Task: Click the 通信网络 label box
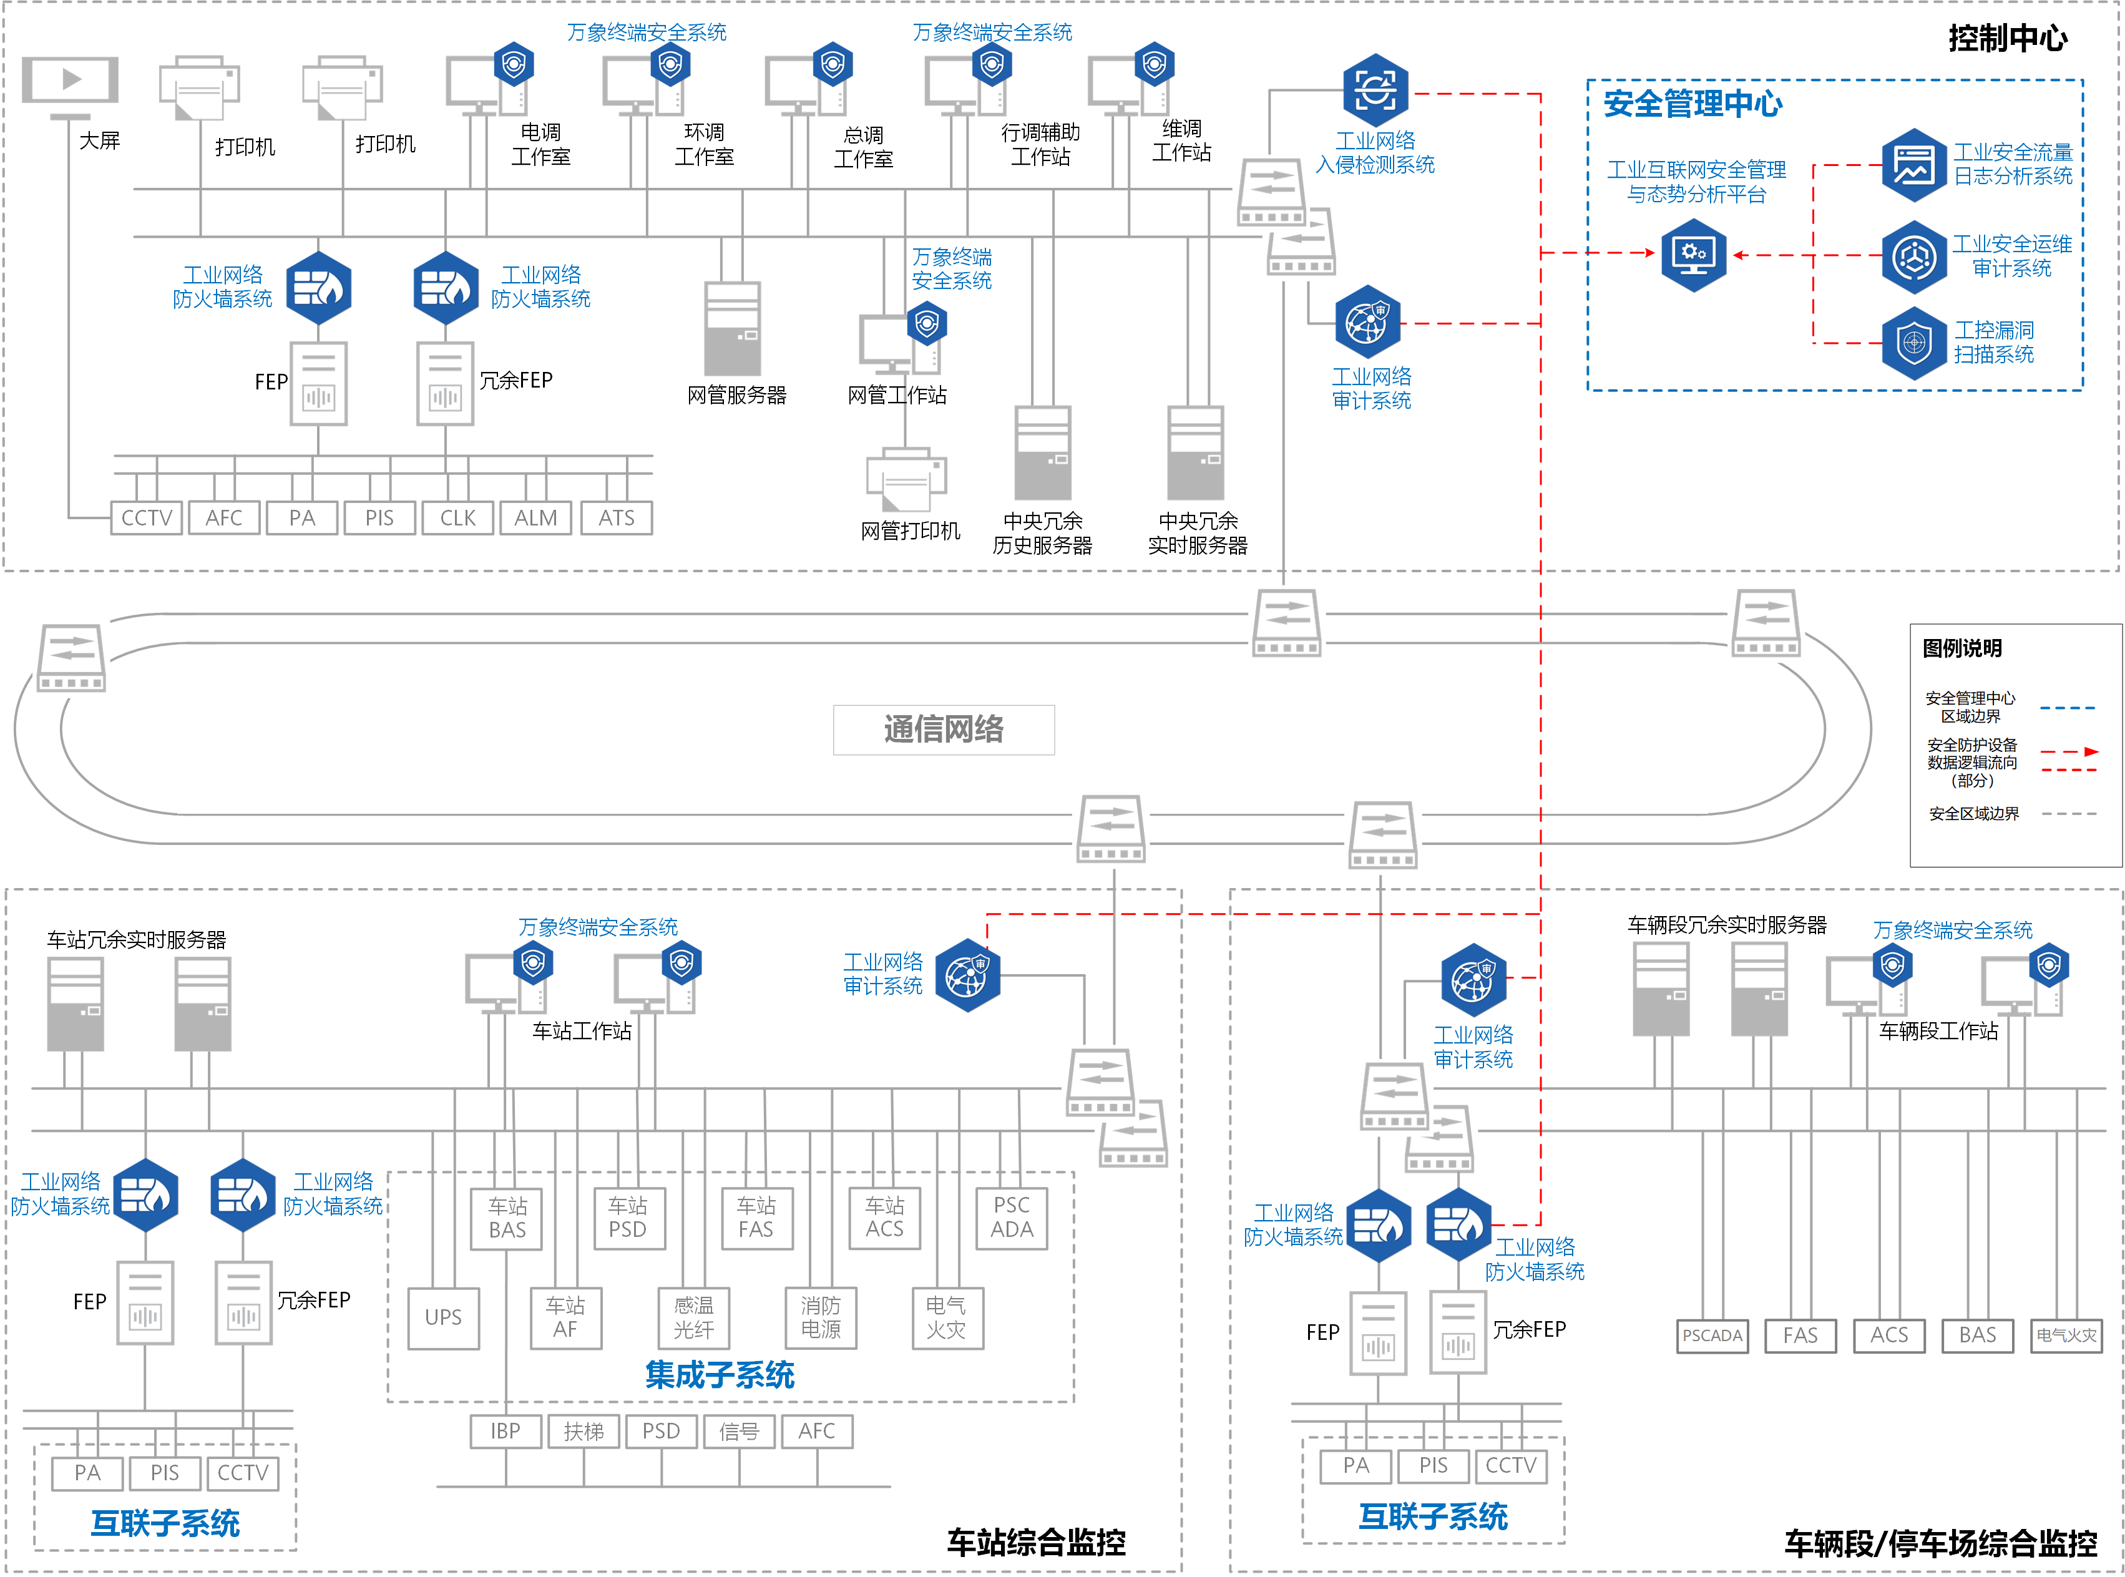click(x=942, y=730)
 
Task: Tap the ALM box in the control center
click(x=535, y=517)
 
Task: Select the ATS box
click(x=616, y=517)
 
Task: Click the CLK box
click(x=457, y=517)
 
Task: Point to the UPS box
click(x=443, y=1317)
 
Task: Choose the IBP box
click(x=505, y=1431)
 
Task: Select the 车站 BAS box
click(x=507, y=1218)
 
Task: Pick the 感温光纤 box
click(x=693, y=1317)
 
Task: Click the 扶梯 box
click(x=584, y=1431)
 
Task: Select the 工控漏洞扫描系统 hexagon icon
click(x=1913, y=343)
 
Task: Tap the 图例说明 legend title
click(x=1961, y=648)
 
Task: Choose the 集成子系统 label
click(x=719, y=1375)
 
